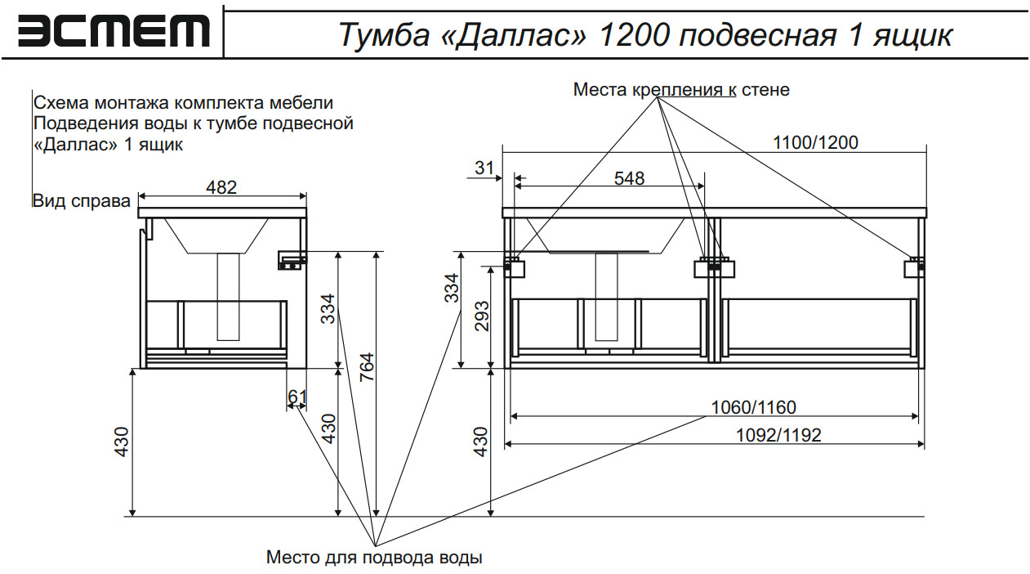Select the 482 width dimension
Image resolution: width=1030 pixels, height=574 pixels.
click(x=221, y=187)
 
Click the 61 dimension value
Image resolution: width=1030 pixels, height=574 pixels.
click(x=297, y=397)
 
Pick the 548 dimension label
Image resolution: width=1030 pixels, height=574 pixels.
click(x=629, y=177)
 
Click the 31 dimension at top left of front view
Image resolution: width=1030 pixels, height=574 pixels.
click(x=484, y=168)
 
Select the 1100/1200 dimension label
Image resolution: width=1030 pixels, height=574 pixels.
click(x=815, y=142)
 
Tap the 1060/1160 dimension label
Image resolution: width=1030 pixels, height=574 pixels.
click(x=753, y=407)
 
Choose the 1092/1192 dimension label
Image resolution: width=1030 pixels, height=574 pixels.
click(x=778, y=435)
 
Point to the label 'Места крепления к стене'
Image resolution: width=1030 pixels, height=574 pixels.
click(x=681, y=90)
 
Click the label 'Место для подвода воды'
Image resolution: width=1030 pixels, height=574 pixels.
click(x=374, y=558)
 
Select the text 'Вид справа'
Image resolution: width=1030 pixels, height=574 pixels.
click(x=82, y=201)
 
